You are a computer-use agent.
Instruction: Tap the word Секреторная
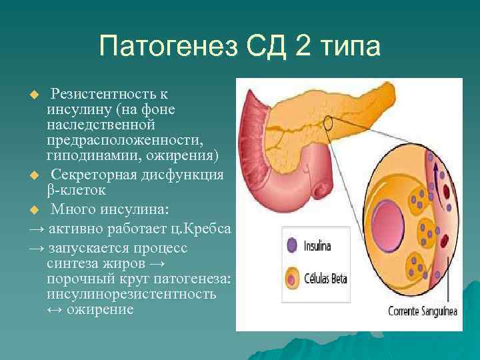94,175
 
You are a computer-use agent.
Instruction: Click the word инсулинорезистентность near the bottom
131,294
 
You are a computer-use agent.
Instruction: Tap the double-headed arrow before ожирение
55,310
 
